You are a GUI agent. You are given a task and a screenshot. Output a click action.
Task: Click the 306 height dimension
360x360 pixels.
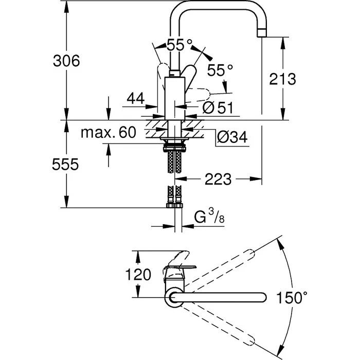[66, 61]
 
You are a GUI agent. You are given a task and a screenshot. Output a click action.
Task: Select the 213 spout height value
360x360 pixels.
[282, 79]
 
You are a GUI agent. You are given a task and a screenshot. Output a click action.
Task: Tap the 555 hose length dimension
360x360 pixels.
[65, 165]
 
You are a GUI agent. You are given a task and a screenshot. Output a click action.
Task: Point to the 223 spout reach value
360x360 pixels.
[218, 179]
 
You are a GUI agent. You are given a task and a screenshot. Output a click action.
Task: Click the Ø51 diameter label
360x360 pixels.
[218, 107]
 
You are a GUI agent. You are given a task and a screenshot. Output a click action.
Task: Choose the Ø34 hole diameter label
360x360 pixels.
[232, 137]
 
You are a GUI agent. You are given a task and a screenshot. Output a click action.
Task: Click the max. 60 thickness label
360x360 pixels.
[109, 132]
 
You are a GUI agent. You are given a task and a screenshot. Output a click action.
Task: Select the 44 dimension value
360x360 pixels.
[136, 98]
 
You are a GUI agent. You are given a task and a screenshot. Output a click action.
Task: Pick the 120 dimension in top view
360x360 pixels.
[138, 274]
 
